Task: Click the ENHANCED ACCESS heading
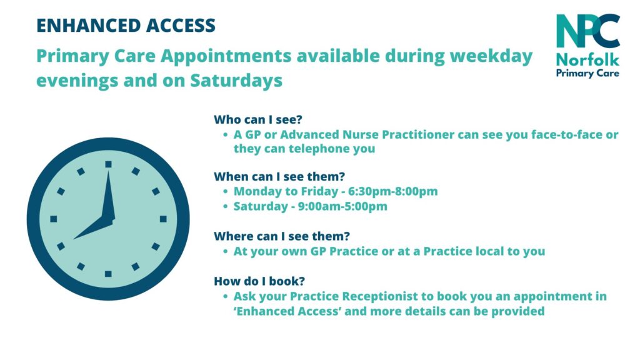point(126,25)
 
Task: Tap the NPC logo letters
point(587,31)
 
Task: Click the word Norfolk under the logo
point(587,61)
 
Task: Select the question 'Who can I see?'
point(258,119)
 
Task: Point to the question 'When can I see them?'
point(279,176)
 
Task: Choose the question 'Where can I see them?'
point(282,236)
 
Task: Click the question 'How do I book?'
point(259,281)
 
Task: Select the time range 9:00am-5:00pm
point(342,206)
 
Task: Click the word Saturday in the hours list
point(261,206)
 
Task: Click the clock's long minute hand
point(109,195)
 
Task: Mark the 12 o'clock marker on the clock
point(108,164)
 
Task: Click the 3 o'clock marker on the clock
point(163,219)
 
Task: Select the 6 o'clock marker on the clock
point(108,274)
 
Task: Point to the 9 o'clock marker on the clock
point(54,219)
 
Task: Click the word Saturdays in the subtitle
point(236,81)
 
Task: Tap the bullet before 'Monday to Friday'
point(225,191)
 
